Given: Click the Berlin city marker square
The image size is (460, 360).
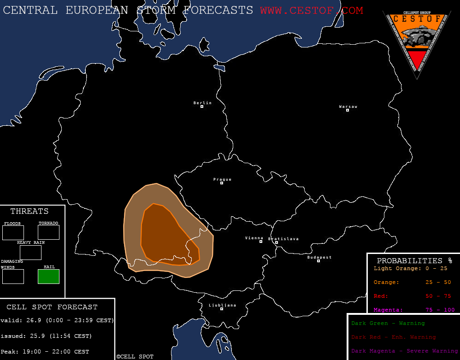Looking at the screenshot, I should tap(202, 107).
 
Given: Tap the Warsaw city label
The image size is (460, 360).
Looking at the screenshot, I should tap(348, 106).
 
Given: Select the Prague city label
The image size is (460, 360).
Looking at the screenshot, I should tap(222, 179).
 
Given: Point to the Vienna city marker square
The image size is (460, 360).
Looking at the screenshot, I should tap(261, 242).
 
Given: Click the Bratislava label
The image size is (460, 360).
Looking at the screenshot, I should tap(283, 239).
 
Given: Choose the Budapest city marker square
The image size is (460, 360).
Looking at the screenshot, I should tap(318, 261).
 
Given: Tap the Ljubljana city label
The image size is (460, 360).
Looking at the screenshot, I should tap(222, 305).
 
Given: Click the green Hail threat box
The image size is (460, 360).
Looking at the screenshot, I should tap(48, 277).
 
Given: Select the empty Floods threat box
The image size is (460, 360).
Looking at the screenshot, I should tap(13, 233).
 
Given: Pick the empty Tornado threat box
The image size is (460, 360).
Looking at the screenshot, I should tap(48, 232).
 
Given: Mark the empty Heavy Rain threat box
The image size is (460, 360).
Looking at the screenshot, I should tap(30, 253).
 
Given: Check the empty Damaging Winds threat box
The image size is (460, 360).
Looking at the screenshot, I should tap(13, 277).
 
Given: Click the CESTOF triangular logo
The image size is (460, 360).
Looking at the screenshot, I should tap(417, 41).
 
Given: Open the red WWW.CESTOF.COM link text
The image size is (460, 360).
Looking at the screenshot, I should tap(311, 10).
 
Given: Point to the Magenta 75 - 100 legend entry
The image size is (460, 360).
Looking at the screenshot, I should tap(414, 310).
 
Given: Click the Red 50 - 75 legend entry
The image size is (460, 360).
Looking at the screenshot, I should tap(414, 296).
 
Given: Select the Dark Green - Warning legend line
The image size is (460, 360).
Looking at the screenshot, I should tap(388, 324).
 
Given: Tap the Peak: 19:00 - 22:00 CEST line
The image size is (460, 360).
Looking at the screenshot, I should tap(45, 352).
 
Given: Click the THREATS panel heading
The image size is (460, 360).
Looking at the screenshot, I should tap(29, 212).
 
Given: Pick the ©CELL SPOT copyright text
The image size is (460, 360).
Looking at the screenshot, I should tap(135, 357).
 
